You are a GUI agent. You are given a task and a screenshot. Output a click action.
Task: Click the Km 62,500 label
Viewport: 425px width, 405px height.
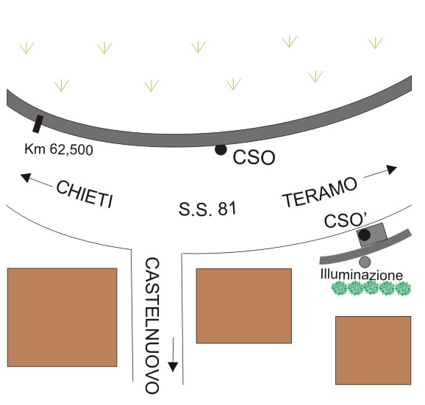click(59, 149)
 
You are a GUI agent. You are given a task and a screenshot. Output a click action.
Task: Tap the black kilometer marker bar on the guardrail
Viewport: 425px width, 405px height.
click(38, 124)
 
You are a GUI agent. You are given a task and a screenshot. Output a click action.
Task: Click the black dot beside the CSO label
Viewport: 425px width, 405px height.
click(221, 150)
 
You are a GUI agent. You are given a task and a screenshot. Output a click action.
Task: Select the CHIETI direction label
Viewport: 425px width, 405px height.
click(85, 194)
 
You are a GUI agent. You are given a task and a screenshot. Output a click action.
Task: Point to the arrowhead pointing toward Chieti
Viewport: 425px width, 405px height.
click(25, 177)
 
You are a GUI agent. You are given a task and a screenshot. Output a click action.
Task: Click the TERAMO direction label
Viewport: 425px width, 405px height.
click(320, 192)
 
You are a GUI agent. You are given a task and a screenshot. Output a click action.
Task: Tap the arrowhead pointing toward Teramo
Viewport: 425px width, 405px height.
click(392, 169)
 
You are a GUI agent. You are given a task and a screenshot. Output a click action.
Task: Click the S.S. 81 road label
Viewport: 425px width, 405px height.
click(207, 209)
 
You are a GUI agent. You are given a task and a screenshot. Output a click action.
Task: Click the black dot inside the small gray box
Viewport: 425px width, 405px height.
click(364, 235)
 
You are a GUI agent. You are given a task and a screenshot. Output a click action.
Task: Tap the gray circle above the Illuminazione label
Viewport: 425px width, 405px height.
click(365, 262)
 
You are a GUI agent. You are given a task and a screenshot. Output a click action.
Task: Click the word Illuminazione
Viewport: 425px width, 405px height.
click(362, 275)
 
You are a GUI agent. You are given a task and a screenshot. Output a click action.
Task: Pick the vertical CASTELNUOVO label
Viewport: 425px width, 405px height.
click(152, 326)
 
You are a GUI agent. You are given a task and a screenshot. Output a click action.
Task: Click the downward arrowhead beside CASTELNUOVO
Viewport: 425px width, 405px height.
click(173, 367)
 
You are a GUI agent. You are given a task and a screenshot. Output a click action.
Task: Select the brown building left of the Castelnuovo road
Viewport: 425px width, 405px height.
click(62, 318)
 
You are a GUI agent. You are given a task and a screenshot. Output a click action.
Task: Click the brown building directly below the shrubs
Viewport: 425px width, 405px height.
click(374, 351)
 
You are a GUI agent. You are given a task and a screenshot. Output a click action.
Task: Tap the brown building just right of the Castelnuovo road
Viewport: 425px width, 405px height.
click(243, 306)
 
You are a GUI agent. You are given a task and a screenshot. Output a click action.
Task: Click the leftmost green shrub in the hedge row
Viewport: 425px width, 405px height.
click(340, 288)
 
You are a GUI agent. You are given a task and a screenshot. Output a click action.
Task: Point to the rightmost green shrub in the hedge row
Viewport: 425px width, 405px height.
click(404, 289)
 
